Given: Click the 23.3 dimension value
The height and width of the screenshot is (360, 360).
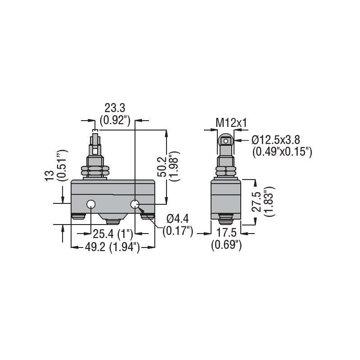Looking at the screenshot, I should pyautogui.click(x=114, y=108).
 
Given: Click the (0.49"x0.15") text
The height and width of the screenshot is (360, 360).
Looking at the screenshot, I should pyautogui.click(x=282, y=152).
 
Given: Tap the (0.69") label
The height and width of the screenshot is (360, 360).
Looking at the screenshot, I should pyautogui.click(x=226, y=245).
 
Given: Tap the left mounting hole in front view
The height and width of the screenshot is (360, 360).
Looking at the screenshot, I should pyautogui.click(x=91, y=205).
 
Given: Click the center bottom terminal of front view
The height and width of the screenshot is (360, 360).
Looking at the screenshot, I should pyautogui.click(x=112, y=221).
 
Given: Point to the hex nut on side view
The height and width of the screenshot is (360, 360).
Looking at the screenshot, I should pyautogui.click(x=226, y=171).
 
